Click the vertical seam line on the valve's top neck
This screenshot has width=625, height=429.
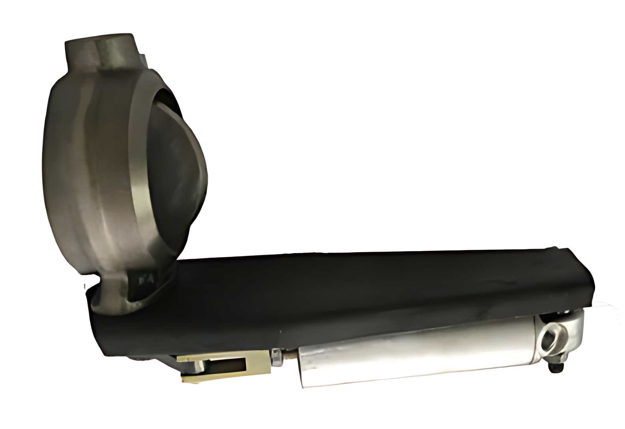coord(97,55)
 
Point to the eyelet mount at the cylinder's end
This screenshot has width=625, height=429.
coord(560,335)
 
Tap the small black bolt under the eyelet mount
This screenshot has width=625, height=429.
coord(556,367)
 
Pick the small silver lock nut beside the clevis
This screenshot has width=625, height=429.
coord(277,357)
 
